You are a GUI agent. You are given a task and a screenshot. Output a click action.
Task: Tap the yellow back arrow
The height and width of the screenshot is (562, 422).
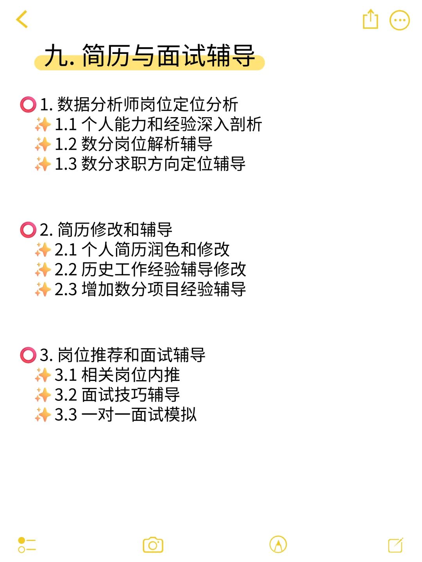point(22,20)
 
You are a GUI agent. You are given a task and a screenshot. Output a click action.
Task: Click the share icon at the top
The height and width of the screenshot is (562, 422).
point(370,20)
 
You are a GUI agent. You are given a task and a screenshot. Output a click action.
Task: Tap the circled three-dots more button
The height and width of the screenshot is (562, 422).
point(399,20)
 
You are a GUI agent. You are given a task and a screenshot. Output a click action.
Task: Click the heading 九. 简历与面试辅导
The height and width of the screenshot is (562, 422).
point(150,56)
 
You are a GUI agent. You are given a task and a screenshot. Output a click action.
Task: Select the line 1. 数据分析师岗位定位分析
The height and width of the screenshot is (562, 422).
point(139,105)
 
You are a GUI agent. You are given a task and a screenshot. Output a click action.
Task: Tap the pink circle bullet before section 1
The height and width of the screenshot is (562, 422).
point(28,105)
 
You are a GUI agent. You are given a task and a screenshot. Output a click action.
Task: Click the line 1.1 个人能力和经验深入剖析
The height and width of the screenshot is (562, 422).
point(158,124)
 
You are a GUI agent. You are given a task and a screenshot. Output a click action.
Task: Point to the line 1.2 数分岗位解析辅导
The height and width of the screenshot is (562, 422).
point(133,144)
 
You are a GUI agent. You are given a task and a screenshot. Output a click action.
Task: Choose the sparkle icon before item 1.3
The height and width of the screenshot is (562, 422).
point(43,164)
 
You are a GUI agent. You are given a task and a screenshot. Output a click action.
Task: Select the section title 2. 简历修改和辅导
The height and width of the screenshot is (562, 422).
point(106,230)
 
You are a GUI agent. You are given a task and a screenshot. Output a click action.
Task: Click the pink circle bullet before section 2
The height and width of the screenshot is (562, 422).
point(28,230)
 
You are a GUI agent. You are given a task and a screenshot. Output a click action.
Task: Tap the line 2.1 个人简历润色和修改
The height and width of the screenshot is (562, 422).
point(142,250)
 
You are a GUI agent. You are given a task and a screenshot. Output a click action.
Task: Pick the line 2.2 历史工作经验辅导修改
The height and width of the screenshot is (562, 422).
point(150,270)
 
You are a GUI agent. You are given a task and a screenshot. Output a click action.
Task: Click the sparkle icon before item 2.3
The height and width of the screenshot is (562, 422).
point(43,290)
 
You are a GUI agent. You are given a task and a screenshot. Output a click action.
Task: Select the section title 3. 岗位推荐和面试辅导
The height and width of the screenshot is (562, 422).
point(122,355)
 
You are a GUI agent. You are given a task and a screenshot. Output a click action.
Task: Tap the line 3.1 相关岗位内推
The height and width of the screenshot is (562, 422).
point(117,375)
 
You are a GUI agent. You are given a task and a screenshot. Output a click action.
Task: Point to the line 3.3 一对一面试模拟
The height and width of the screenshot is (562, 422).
point(125,415)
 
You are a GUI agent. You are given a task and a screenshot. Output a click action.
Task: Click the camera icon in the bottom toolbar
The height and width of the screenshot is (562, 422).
point(153,545)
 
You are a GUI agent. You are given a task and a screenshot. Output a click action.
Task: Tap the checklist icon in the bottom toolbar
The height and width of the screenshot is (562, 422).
point(27,545)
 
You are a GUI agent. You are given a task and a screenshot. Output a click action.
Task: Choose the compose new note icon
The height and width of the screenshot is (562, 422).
point(395,545)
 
